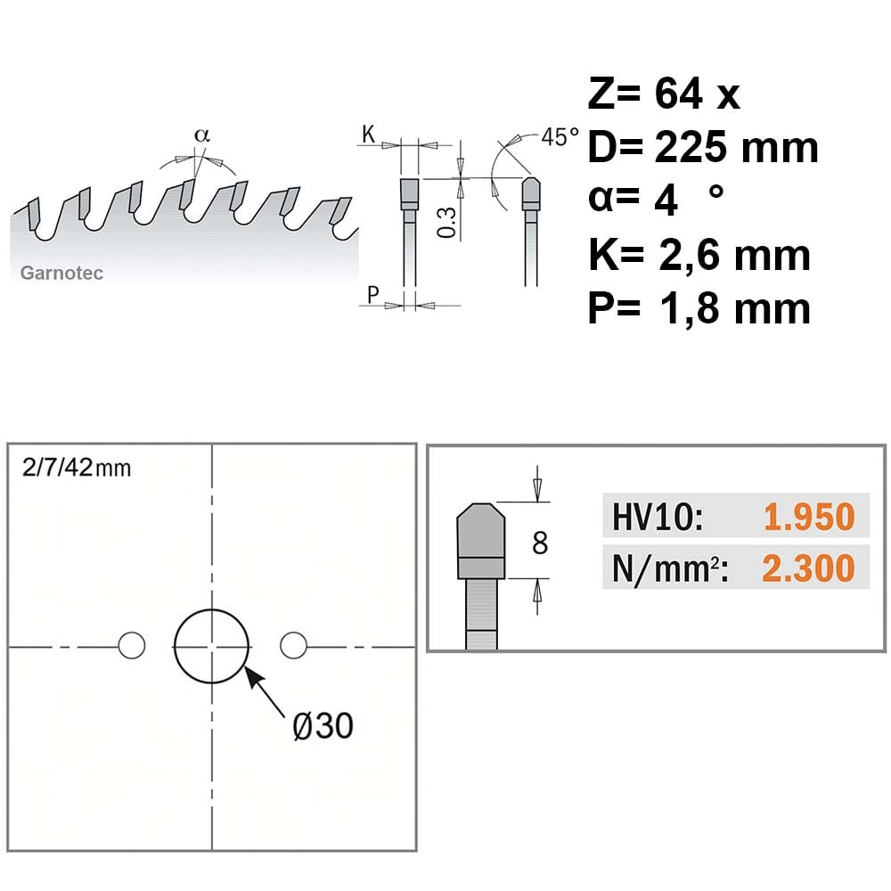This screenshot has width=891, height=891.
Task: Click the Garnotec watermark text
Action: (61, 274)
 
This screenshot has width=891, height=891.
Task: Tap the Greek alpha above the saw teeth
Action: (202, 135)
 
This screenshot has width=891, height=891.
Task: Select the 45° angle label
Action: (560, 137)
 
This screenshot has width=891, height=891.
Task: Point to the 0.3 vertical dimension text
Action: (447, 222)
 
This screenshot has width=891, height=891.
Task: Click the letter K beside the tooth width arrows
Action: (369, 135)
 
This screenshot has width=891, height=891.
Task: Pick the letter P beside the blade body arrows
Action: (372, 295)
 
